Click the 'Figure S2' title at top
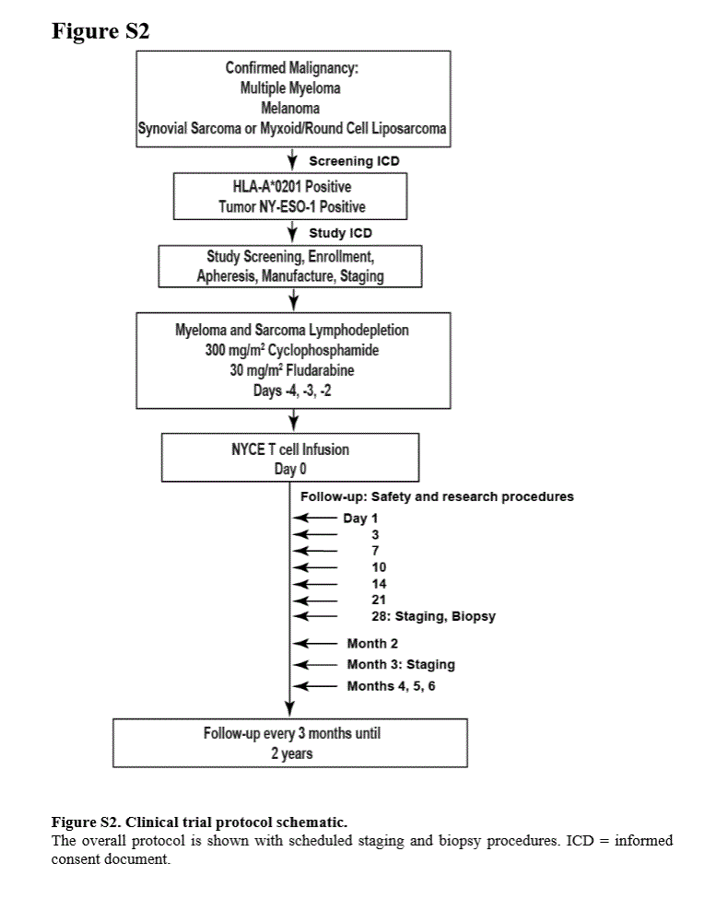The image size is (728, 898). pyautogui.click(x=100, y=31)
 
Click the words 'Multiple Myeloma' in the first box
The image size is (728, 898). pyautogui.click(x=290, y=88)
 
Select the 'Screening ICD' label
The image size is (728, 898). pyautogui.click(x=354, y=161)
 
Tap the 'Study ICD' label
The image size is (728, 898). pyautogui.click(x=340, y=233)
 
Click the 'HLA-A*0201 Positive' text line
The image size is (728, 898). pyautogui.click(x=292, y=186)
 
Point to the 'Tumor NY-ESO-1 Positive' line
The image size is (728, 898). pyautogui.click(x=292, y=206)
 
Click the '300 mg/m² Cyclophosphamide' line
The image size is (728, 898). pyautogui.click(x=292, y=350)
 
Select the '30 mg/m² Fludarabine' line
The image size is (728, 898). pyautogui.click(x=292, y=370)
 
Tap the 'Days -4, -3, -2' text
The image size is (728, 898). pyautogui.click(x=292, y=391)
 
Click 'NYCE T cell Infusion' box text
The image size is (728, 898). pyautogui.click(x=290, y=449)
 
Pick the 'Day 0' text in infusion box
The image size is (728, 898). pyautogui.click(x=290, y=469)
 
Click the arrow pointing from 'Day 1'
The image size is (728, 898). pyautogui.click(x=315, y=518)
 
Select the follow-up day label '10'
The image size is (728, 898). pyautogui.click(x=379, y=567)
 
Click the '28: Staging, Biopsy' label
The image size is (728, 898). pyautogui.click(x=433, y=616)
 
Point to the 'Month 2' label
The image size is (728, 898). pyautogui.click(x=372, y=644)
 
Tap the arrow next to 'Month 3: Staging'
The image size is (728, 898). pyautogui.click(x=315, y=665)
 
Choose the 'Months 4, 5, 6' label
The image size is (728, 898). pyautogui.click(x=391, y=686)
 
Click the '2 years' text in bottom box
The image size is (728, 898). pyautogui.click(x=292, y=753)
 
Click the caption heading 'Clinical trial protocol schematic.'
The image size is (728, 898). pyautogui.click(x=236, y=822)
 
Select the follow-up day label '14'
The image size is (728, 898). pyautogui.click(x=379, y=584)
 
